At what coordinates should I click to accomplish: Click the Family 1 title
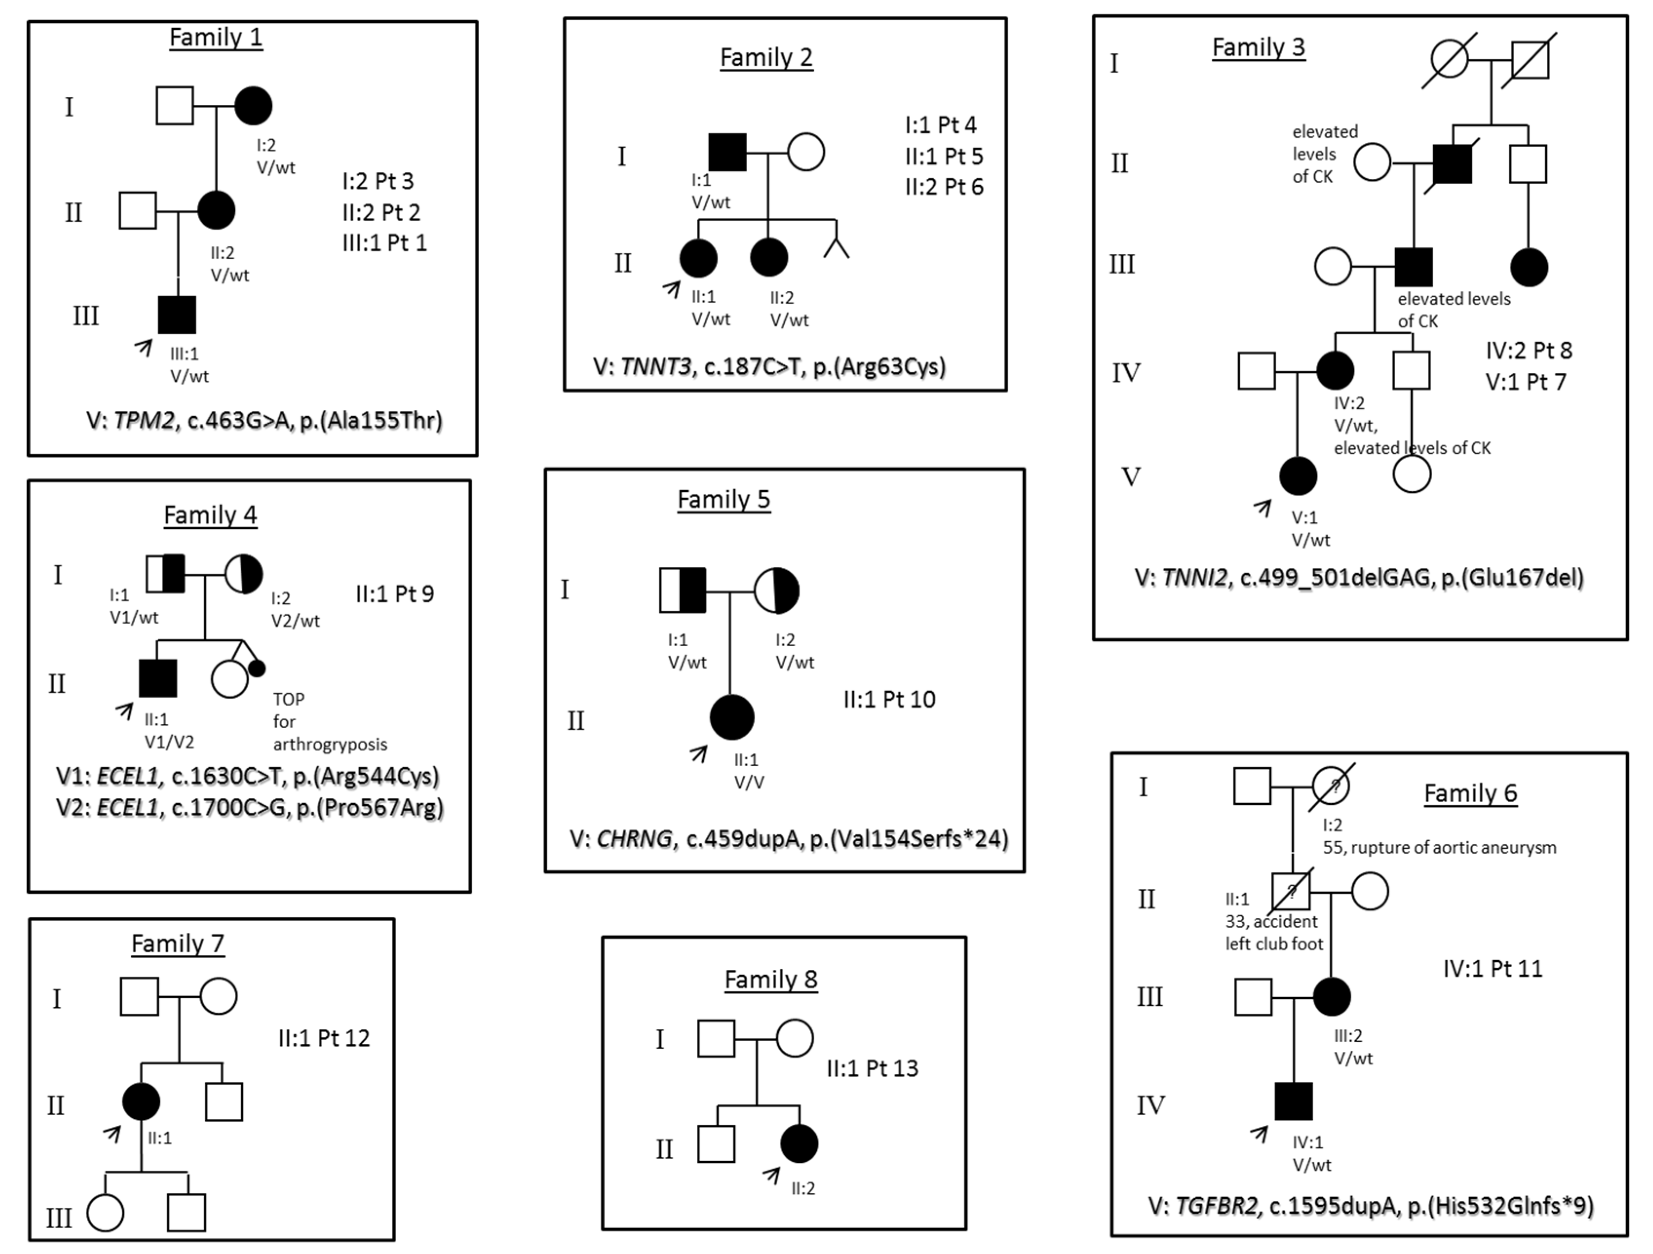(x=216, y=38)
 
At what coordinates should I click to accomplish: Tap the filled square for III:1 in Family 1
(x=177, y=315)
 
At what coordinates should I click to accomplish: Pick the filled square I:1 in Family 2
(x=727, y=153)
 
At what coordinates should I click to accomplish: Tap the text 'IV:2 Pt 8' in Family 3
(x=1528, y=350)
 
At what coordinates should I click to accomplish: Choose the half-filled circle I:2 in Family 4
(x=244, y=574)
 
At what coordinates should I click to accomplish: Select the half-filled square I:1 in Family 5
(x=682, y=590)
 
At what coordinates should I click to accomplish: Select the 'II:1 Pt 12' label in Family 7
(x=324, y=1038)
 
